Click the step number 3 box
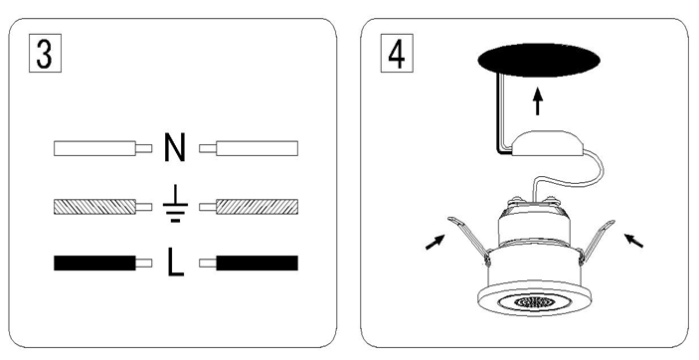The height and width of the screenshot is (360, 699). pyautogui.click(x=45, y=53)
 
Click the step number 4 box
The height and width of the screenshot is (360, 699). pyautogui.click(x=397, y=53)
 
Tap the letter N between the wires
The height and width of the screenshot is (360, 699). pyautogui.click(x=175, y=147)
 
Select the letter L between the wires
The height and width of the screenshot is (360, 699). pyautogui.click(x=176, y=263)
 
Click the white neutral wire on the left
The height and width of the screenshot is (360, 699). pyautogui.click(x=103, y=148)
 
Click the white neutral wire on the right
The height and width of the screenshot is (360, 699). pyautogui.click(x=249, y=148)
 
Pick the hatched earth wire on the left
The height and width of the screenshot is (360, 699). pyautogui.click(x=103, y=207)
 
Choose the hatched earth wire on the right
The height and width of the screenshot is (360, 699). pyautogui.click(x=249, y=207)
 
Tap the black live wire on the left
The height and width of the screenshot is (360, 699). pyautogui.click(x=103, y=264)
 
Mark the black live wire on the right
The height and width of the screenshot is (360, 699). pyautogui.click(x=249, y=264)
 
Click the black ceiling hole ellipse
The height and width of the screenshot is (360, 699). pyautogui.click(x=539, y=61)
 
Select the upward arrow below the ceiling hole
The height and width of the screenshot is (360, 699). pyautogui.click(x=538, y=101)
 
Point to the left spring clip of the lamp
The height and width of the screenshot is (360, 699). pyautogui.click(x=468, y=239)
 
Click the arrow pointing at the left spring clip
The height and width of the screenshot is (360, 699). pyautogui.click(x=436, y=242)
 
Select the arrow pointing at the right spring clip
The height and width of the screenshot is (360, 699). pyautogui.click(x=633, y=241)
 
